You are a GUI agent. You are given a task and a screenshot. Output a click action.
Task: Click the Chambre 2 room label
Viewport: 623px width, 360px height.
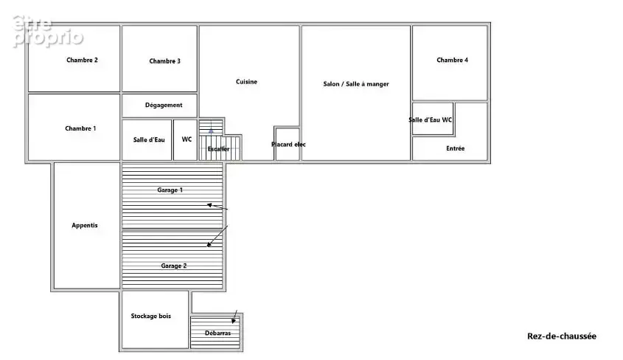coord(82,60)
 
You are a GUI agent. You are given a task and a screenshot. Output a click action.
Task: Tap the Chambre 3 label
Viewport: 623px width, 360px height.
coord(164,61)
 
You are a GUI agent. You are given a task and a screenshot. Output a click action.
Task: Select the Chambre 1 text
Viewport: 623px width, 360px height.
coord(80,128)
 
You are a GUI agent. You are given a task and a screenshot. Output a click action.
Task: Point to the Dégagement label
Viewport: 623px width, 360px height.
coord(163,105)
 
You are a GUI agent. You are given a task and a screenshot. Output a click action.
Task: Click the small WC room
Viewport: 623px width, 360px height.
coord(186,140)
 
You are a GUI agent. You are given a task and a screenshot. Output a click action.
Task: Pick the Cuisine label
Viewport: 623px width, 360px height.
coord(246,81)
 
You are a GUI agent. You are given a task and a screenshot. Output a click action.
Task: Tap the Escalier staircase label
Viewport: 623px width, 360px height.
coord(218,149)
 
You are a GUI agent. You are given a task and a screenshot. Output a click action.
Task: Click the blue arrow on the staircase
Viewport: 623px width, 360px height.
coord(211,130)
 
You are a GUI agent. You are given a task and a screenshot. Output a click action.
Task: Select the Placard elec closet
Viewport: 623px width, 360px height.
coord(288,144)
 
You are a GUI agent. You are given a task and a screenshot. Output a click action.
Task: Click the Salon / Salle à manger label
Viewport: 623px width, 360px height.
coord(356,84)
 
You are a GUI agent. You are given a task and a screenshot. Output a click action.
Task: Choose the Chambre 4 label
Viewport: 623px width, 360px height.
coord(452,60)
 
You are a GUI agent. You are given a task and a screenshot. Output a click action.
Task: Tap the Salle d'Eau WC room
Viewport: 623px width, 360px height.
coord(433,120)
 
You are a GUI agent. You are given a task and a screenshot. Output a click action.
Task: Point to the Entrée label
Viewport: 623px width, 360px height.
coord(455,148)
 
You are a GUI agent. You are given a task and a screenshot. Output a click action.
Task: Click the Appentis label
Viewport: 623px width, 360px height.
coord(84,225)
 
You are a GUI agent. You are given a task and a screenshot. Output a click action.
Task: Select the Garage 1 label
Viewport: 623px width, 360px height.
coord(170,190)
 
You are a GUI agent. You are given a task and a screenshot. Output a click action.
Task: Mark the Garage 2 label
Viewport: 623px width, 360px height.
coord(174,266)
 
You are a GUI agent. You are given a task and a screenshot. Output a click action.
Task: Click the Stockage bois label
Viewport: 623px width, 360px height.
coord(150,316)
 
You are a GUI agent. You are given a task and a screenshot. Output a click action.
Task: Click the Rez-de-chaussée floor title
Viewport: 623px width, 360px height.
coord(561,336)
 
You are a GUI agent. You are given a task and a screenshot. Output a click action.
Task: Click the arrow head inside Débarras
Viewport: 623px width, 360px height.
coord(234,321)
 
